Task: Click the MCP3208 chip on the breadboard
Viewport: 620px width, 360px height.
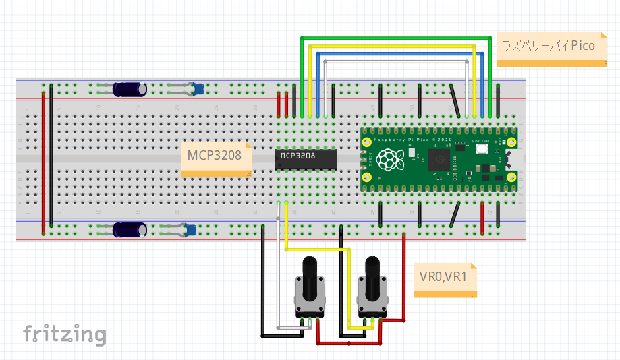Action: [306, 159]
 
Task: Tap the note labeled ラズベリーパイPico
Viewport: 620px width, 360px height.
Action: [548, 48]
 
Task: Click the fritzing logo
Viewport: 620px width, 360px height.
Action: [65, 334]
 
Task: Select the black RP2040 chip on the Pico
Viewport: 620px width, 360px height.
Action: [439, 160]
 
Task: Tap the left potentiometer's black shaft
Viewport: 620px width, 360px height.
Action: [310, 278]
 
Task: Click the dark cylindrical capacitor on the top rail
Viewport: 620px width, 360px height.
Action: [130, 89]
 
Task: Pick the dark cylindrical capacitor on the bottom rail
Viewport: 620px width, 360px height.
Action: [130, 230]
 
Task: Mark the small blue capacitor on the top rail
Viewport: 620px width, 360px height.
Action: [198, 88]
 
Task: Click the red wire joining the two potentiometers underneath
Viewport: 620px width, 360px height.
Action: [349, 343]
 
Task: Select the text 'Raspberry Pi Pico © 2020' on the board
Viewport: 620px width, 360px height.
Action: [413, 139]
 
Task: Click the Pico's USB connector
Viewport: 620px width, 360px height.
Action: [511, 160]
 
